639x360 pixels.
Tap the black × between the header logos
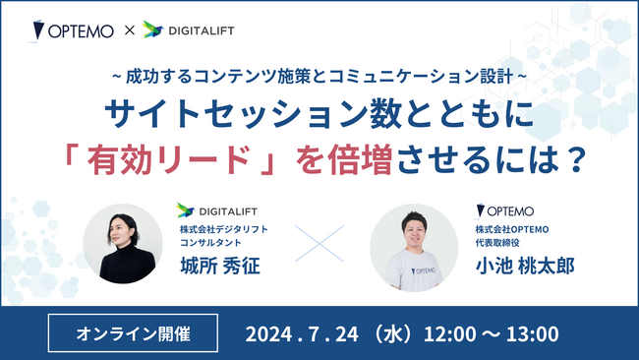point(127,31)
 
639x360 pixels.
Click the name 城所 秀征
point(217,268)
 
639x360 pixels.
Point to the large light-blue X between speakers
point(320,246)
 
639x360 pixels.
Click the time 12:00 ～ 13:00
point(488,332)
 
